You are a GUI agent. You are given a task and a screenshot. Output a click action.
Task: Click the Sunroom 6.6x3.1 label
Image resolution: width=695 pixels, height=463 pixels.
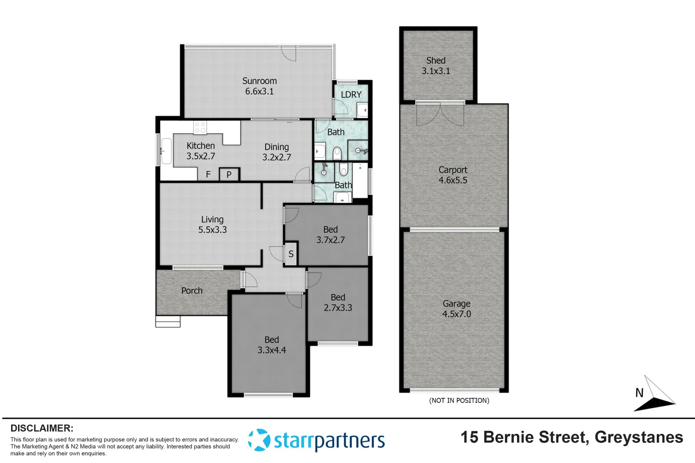[259, 86]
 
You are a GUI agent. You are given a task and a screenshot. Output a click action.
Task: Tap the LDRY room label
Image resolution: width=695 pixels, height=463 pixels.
[351, 95]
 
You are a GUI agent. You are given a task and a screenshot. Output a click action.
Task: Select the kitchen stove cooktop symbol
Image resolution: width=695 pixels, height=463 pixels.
[200, 127]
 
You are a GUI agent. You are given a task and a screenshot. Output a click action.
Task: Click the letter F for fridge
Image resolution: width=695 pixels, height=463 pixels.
[208, 174]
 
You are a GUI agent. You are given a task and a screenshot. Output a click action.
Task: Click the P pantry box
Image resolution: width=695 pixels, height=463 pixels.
[229, 174]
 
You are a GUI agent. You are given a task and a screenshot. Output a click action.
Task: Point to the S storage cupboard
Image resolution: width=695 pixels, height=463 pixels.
[291, 254]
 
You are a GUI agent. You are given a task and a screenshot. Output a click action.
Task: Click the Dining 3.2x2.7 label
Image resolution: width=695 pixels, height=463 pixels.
[276, 152]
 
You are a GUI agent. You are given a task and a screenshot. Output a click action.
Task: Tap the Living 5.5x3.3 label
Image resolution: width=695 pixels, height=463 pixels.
[212, 225]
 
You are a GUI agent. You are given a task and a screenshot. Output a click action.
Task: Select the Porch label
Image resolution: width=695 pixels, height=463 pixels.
[192, 291]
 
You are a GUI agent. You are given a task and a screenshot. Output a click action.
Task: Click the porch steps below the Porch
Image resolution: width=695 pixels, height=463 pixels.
[168, 322]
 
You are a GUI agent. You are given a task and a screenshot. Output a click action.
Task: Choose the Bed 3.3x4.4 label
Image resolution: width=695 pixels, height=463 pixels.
[272, 345]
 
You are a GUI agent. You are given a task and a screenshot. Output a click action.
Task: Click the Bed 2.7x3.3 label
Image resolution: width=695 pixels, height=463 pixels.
[338, 303]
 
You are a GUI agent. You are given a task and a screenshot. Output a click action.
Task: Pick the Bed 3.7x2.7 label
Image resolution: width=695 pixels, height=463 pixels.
[330, 235]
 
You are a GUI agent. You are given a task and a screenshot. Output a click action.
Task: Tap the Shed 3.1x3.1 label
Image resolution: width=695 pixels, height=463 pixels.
[436, 66]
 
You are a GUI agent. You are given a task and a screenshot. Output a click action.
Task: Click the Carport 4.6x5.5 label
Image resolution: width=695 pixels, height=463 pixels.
[453, 175]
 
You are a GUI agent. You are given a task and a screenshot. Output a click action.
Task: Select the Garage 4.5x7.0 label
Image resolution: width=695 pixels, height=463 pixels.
[456, 309]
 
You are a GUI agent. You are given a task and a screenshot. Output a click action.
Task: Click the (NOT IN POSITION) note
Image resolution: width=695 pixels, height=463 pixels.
[459, 400]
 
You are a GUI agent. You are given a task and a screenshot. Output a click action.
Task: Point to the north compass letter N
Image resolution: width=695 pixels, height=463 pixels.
[639, 393]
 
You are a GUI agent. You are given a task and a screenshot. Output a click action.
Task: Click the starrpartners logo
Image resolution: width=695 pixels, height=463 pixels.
[316, 440]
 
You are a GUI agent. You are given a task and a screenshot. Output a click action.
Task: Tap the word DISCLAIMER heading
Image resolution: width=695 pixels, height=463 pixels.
[42, 428]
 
